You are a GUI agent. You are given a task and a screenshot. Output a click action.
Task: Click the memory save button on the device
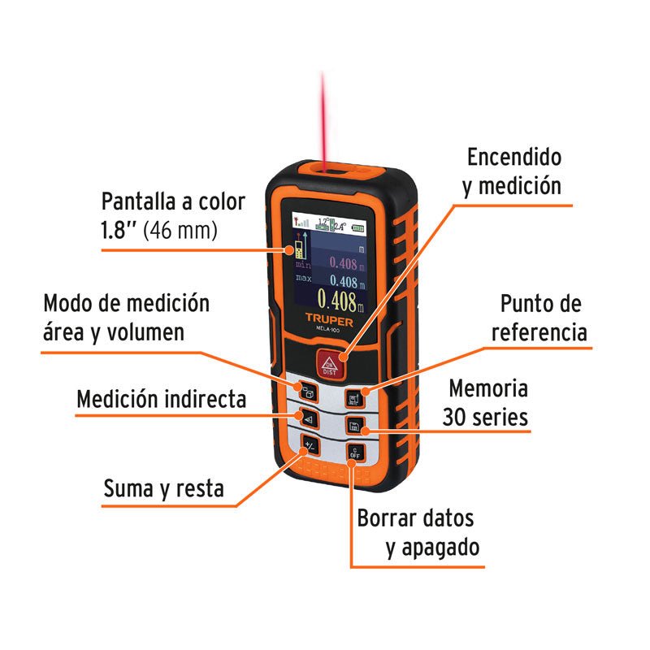pyautogui.click(x=353, y=425)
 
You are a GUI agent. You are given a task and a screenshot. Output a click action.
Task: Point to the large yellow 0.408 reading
pyautogui.click(x=335, y=302)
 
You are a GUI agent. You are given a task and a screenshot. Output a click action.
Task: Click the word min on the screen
pyautogui.click(x=302, y=263)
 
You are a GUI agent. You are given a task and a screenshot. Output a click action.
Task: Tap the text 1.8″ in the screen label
pyautogui.click(x=119, y=230)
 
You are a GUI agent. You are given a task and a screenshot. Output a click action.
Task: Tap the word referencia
pyautogui.click(x=543, y=332)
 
